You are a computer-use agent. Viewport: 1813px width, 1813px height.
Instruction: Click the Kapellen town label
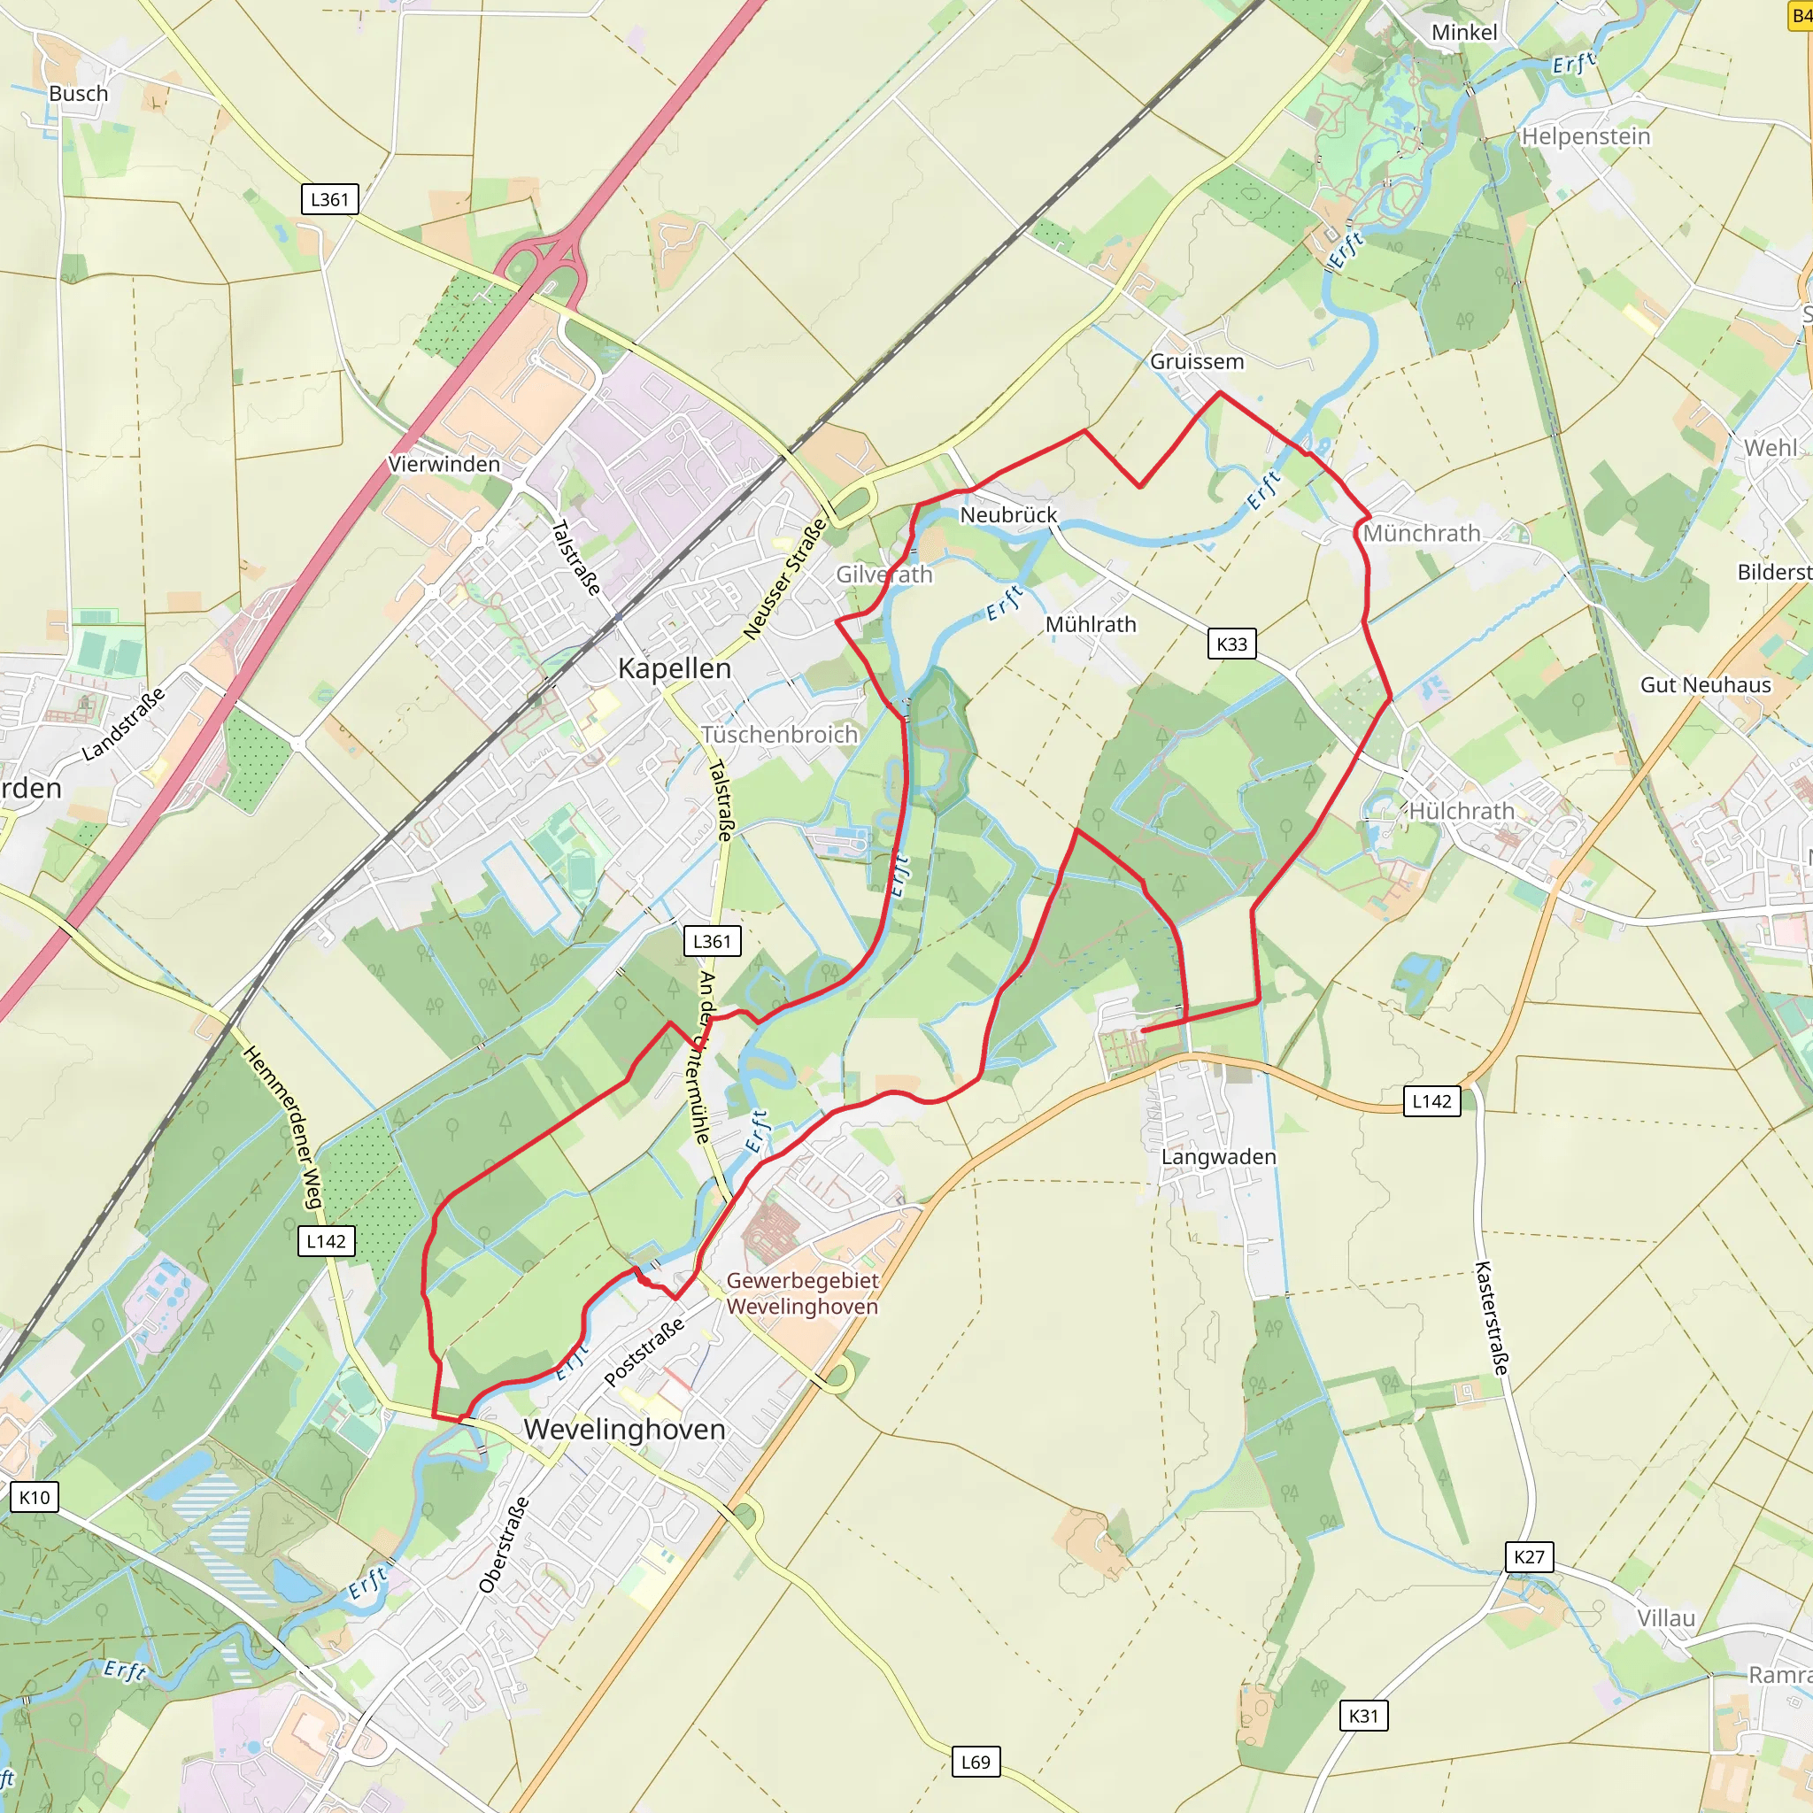coord(674,669)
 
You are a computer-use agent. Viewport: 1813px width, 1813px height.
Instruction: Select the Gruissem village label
coord(1197,361)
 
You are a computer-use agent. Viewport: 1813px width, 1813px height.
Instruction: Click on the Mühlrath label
coord(1091,624)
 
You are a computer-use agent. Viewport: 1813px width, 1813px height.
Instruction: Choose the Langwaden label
coord(1218,1157)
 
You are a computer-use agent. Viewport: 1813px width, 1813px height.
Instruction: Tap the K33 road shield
coord(1231,644)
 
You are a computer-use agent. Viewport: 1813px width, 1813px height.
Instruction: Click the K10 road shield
coord(35,1497)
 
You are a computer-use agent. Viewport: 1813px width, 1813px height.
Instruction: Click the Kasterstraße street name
coord(1491,1317)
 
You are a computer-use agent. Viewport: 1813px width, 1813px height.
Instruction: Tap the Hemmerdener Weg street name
coord(282,1127)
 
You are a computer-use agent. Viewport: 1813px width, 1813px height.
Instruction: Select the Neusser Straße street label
coord(784,579)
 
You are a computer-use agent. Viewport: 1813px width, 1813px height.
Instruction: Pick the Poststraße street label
coord(644,1353)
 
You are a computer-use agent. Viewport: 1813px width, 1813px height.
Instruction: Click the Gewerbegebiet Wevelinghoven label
coord(802,1293)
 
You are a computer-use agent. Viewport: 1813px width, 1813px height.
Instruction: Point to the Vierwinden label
coord(444,464)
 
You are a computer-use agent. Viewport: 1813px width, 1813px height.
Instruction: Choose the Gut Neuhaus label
coord(1705,685)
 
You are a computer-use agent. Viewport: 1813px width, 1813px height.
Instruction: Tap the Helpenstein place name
coord(1585,136)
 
